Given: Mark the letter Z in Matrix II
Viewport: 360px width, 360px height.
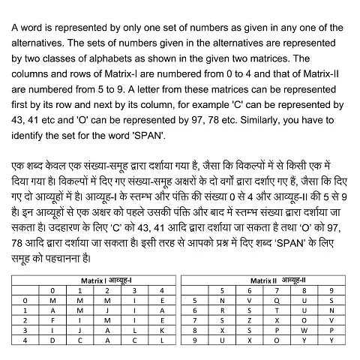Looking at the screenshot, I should click(x=250, y=319).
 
